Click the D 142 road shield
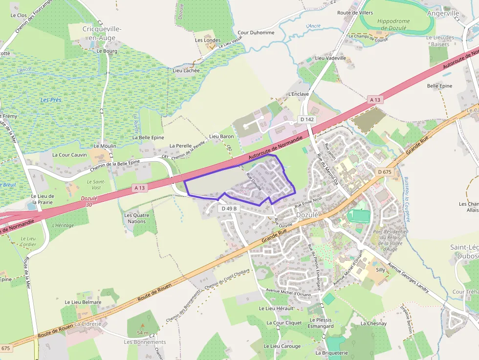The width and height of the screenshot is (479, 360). point(307,119)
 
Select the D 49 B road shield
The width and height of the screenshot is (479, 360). point(229,209)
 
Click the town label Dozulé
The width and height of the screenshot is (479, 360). point(307,215)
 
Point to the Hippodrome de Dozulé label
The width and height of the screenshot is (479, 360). point(393,24)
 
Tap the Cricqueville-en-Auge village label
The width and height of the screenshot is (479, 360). point(102,33)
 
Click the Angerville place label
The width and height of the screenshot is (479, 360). point(443,13)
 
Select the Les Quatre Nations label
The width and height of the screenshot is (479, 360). point(135,218)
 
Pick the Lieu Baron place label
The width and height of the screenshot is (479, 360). point(221,136)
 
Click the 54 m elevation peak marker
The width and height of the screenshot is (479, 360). point(143,325)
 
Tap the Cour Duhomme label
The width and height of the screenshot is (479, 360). point(256,33)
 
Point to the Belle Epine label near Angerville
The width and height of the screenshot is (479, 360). point(439,86)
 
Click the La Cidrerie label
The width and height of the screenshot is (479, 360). point(88,324)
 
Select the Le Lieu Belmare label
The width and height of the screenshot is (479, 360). point(83,302)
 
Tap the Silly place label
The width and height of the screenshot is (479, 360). point(380,270)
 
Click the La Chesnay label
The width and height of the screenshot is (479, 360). point(373,323)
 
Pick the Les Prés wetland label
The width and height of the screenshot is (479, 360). point(51,100)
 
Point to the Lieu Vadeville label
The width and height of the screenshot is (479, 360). point(330,58)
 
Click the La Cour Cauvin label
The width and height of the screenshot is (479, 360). point(69,155)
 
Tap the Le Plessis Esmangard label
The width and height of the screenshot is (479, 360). point(321,323)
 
